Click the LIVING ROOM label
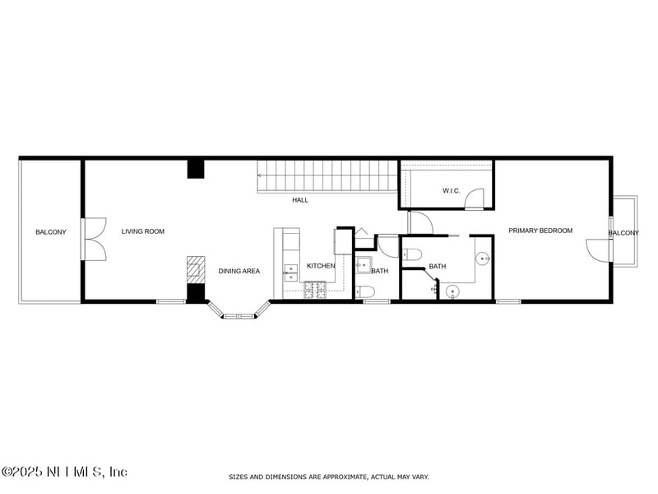(142, 231)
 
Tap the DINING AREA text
(239, 272)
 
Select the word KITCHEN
(321, 266)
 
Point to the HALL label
(300, 200)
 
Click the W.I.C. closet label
(451, 191)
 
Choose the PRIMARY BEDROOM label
(540, 231)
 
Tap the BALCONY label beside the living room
(51, 232)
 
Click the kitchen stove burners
(315, 290)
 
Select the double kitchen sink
(291, 273)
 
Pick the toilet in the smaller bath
(365, 291)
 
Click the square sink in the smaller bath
(364, 265)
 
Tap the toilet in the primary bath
(412, 254)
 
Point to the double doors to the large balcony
(94, 239)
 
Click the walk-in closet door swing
(475, 198)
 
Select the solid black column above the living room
(196, 169)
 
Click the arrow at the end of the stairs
(260, 175)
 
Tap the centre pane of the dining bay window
(239, 316)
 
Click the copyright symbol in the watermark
(7, 472)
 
